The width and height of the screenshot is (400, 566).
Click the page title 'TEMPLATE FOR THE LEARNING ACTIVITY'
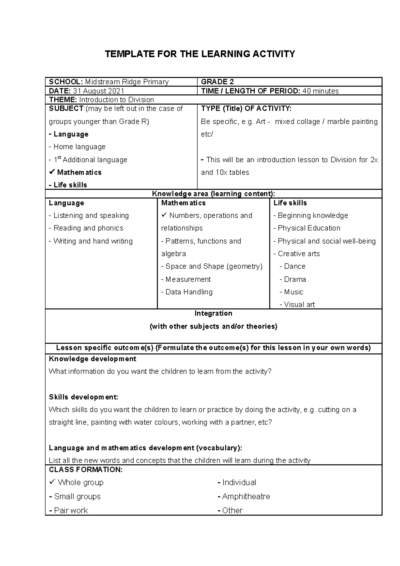[x=200, y=54]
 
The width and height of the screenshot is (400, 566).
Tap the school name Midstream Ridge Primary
[x=127, y=82]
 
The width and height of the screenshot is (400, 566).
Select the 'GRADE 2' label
[x=215, y=82]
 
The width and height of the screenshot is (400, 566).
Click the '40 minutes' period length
[x=320, y=91]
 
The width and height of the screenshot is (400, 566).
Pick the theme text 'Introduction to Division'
[x=116, y=100]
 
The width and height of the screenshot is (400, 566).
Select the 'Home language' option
[x=79, y=147]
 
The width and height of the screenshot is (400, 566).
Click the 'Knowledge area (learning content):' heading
[x=213, y=194]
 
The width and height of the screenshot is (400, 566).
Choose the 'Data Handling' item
[x=189, y=292]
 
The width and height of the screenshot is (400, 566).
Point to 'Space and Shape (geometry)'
[x=214, y=266]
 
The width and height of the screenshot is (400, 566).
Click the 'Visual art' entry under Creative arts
[x=299, y=304]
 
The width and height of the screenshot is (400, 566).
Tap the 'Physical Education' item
[x=309, y=228]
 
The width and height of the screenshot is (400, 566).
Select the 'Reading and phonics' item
[x=88, y=228]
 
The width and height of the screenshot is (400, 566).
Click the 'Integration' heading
[x=213, y=313]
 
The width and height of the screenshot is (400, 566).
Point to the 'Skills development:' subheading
[x=83, y=397]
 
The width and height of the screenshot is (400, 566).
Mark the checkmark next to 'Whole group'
[x=52, y=482]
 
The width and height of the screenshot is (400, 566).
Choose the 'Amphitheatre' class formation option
[x=246, y=496]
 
